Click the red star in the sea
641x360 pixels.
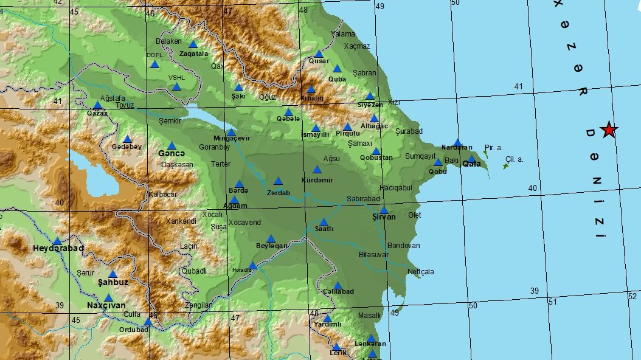608,130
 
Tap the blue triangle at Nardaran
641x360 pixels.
457,142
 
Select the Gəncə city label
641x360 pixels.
172,153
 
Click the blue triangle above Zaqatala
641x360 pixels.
193,44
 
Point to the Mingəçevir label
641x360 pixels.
231,139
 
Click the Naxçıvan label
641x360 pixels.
107,305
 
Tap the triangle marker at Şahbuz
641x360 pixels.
113,274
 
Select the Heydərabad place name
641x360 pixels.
58,249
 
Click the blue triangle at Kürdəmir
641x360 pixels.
317,170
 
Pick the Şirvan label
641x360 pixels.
383,217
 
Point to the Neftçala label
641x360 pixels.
421,272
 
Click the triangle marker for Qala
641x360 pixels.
471,159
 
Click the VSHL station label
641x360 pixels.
176,78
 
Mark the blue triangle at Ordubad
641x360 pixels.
148,322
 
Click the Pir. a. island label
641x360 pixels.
493,147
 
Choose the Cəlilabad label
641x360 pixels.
338,292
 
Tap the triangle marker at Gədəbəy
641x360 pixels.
128,139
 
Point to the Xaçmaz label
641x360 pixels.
357,46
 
